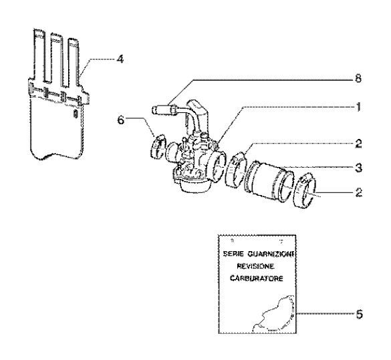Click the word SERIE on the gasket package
pyautogui.click(x=235, y=254)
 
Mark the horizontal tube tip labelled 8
pyautogui.click(x=164, y=108)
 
